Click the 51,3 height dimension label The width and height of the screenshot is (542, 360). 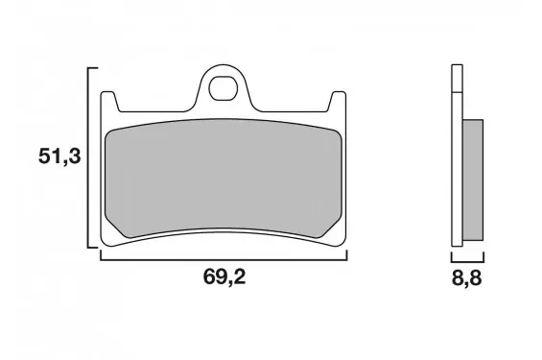[x=59, y=156]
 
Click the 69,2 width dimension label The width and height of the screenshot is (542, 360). [x=224, y=276]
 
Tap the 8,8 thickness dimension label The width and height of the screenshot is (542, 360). [x=466, y=278]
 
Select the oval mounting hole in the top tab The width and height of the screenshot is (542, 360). [x=224, y=88]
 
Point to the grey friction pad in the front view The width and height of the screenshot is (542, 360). [x=224, y=179]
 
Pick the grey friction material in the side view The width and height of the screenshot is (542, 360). [x=473, y=180]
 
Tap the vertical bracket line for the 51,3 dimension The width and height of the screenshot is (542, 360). [x=88, y=157]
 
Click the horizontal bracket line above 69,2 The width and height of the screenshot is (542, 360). [x=224, y=259]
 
